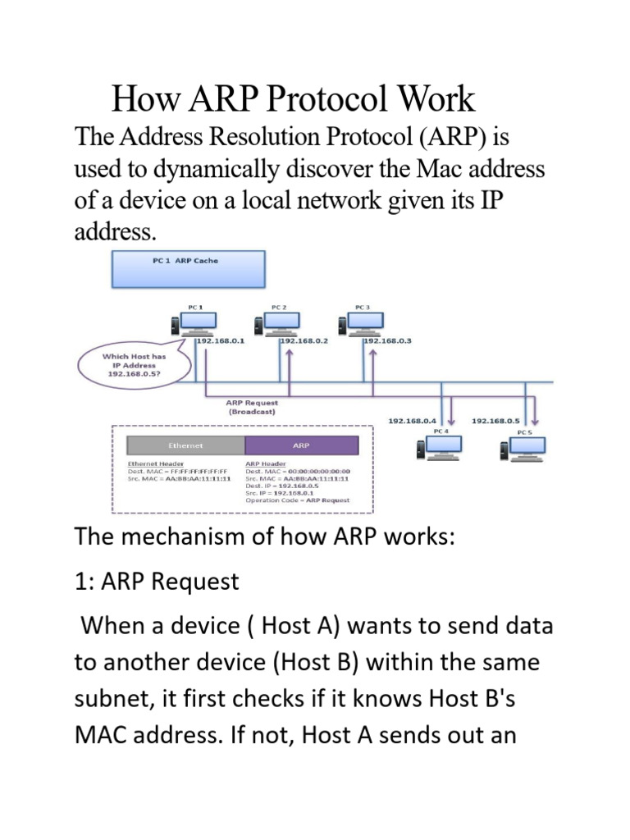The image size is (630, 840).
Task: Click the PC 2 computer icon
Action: click(281, 323)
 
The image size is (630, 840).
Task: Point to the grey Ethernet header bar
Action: click(185, 445)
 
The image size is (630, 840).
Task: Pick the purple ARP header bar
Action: click(301, 445)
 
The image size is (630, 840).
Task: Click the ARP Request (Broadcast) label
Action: click(251, 408)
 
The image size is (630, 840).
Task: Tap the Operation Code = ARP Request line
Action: click(297, 500)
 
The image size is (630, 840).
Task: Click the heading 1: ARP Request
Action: click(157, 582)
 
